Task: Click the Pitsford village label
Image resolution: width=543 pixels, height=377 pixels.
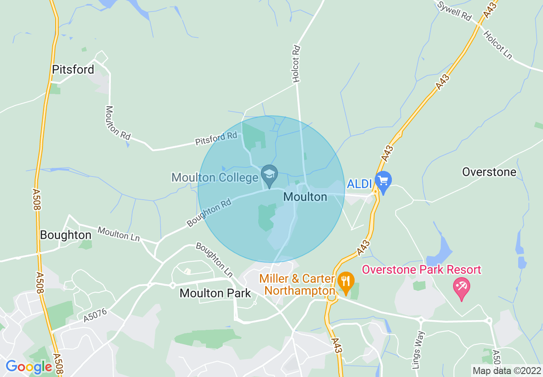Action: coord(73,70)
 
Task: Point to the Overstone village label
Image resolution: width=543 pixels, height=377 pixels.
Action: coord(489,172)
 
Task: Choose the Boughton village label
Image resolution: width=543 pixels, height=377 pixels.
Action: coord(66,235)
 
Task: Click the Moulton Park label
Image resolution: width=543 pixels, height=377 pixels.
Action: coord(215,293)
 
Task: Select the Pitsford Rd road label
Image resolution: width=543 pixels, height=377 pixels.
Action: coord(216,138)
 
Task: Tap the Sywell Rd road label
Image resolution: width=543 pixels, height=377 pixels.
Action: coord(454,12)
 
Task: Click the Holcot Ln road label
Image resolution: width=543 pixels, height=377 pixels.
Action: coord(498,45)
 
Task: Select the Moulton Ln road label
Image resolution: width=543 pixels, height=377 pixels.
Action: coord(119,234)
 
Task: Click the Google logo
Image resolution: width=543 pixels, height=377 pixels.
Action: coord(29,367)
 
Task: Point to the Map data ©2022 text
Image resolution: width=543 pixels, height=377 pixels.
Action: coord(506,371)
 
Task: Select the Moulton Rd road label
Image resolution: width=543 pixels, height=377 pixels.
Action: coord(117,123)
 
